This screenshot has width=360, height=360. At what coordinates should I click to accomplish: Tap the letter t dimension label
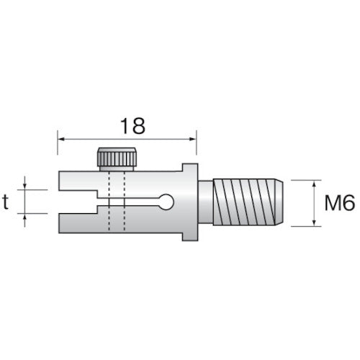(x=6, y=202)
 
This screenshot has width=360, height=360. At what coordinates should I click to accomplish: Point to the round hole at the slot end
(x=166, y=202)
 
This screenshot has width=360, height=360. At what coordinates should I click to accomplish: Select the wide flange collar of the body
(x=189, y=202)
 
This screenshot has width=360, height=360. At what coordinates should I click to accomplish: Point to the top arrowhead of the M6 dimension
(x=315, y=184)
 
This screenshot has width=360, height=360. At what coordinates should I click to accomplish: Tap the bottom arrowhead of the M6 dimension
(x=315, y=222)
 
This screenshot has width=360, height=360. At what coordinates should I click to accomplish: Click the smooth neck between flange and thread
(x=205, y=202)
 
